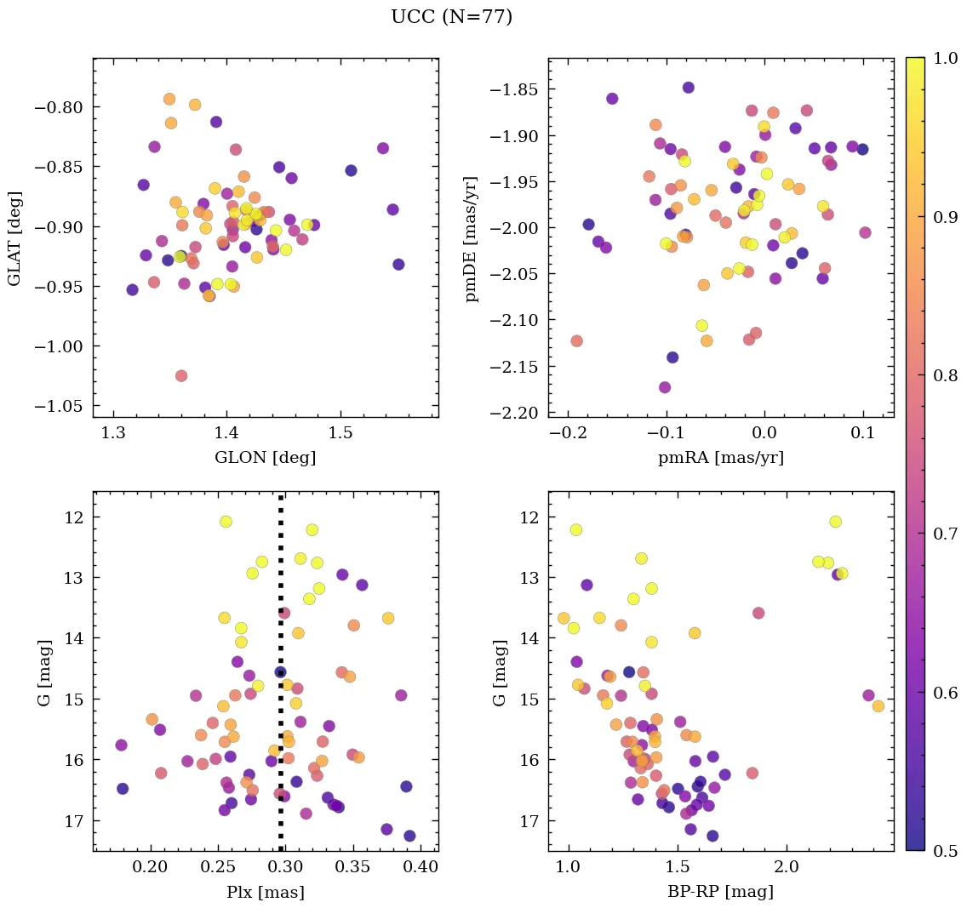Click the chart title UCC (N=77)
pos(451,17)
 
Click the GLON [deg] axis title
pos(265,458)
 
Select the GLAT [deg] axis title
pos(14,238)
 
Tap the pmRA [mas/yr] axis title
pos(720,458)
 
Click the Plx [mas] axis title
pos(265,892)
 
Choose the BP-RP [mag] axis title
pos(720,892)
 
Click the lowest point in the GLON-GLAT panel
pos(181,375)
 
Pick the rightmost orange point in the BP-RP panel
pos(878,705)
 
